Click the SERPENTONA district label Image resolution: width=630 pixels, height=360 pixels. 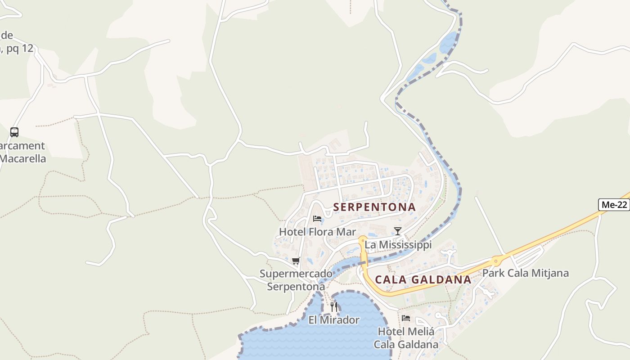pyautogui.click(x=374, y=207)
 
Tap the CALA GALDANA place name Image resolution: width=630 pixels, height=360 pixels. pyautogui.click(x=423, y=279)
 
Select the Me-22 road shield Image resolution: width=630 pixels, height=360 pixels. pyautogui.click(x=614, y=205)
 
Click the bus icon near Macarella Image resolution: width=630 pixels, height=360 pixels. pyautogui.click(x=14, y=132)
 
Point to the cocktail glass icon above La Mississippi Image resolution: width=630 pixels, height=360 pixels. pyautogui.click(x=397, y=231)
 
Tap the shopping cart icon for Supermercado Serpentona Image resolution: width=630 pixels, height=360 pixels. pyautogui.click(x=296, y=261)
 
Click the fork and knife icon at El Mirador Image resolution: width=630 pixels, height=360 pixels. pyautogui.click(x=334, y=307)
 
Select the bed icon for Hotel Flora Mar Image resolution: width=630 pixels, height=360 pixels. pyautogui.click(x=317, y=219)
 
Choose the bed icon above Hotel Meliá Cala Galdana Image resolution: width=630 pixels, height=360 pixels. pyautogui.click(x=406, y=318)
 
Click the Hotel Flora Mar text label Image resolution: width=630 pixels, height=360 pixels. pyautogui.click(x=317, y=232)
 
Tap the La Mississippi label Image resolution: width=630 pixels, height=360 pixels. pyautogui.click(x=398, y=245)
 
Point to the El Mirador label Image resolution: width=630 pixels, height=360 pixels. pyautogui.click(x=334, y=320)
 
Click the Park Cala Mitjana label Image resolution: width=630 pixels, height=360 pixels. pyautogui.click(x=525, y=273)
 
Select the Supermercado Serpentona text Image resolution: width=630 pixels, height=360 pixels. pyautogui.click(x=296, y=280)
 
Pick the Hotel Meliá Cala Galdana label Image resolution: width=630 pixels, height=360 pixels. pyautogui.click(x=406, y=338)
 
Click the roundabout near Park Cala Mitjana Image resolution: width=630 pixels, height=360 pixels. pyautogui.click(x=496, y=260)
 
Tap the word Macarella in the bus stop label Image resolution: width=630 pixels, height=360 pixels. pyautogui.click(x=22, y=158)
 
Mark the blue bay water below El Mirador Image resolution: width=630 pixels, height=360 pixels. pyautogui.click(x=315, y=342)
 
